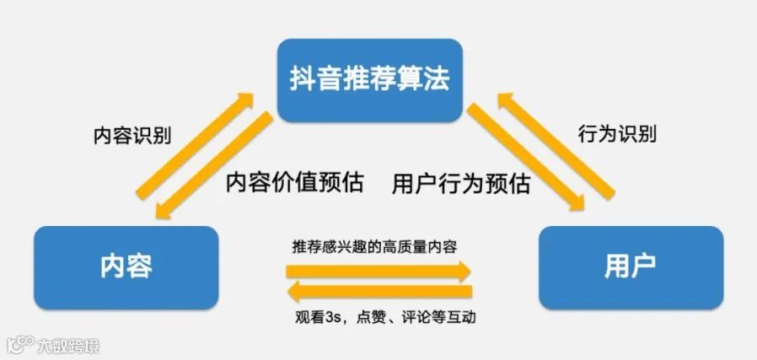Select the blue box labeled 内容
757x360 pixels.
126,266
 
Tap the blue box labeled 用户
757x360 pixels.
630,266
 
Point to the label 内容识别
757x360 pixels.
132,135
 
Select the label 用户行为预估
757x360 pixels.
461,183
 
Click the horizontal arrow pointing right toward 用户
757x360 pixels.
378,271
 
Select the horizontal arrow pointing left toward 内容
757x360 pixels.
378,292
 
